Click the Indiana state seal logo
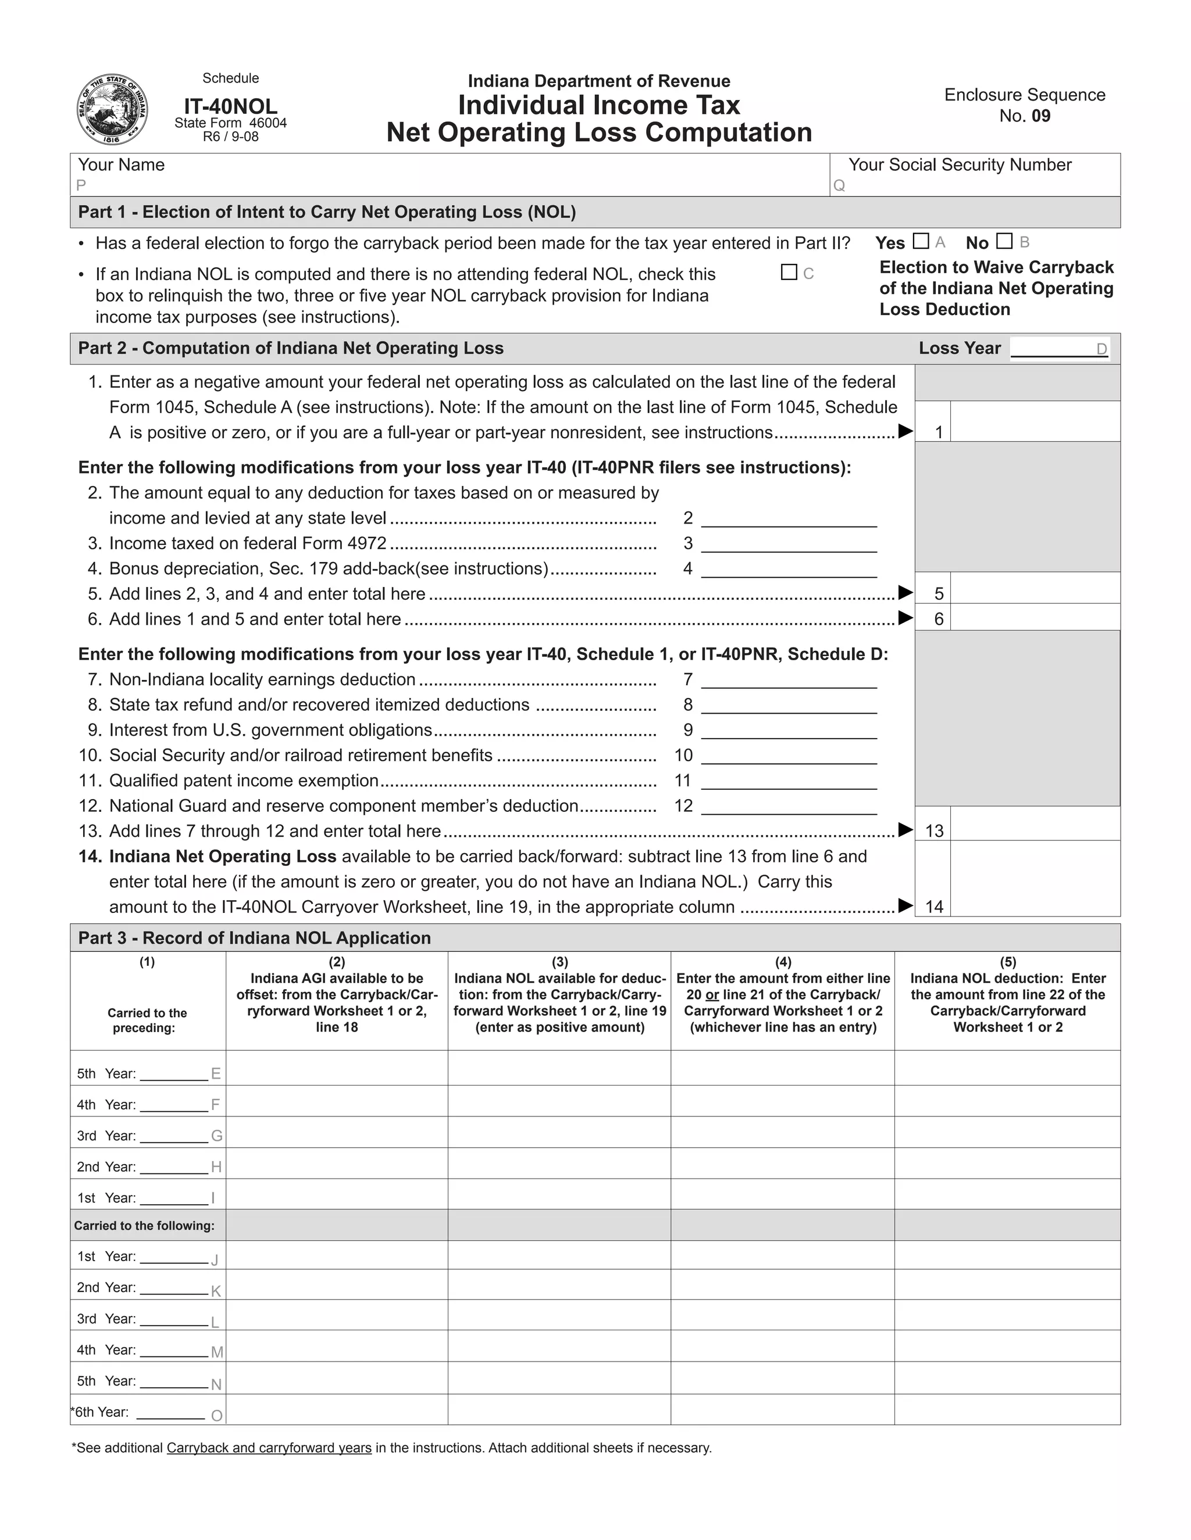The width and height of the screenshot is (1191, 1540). pyautogui.click(x=112, y=109)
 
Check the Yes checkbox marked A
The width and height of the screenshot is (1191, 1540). pyautogui.click(x=920, y=241)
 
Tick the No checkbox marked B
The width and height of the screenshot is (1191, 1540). pyautogui.click(x=1004, y=241)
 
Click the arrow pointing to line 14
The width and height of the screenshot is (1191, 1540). pyautogui.click(x=905, y=906)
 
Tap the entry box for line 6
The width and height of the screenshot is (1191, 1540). pyautogui.click(x=1035, y=618)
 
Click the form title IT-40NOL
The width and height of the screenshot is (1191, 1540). pyautogui.click(x=231, y=106)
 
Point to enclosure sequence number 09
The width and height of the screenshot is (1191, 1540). pyautogui.click(x=1040, y=116)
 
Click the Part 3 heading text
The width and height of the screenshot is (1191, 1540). pyautogui.click(x=254, y=938)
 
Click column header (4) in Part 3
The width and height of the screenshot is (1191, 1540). pyautogui.click(x=783, y=962)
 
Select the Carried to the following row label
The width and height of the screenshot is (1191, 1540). pyautogui.click(x=145, y=1226)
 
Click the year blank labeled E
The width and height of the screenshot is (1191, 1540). pyautogui.click(x=173, y=1073)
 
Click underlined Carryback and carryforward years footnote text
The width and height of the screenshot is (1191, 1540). pyautogui.click(x=269, y=1448)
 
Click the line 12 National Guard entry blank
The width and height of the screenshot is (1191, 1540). pyautogui.click(x=789, y=806)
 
